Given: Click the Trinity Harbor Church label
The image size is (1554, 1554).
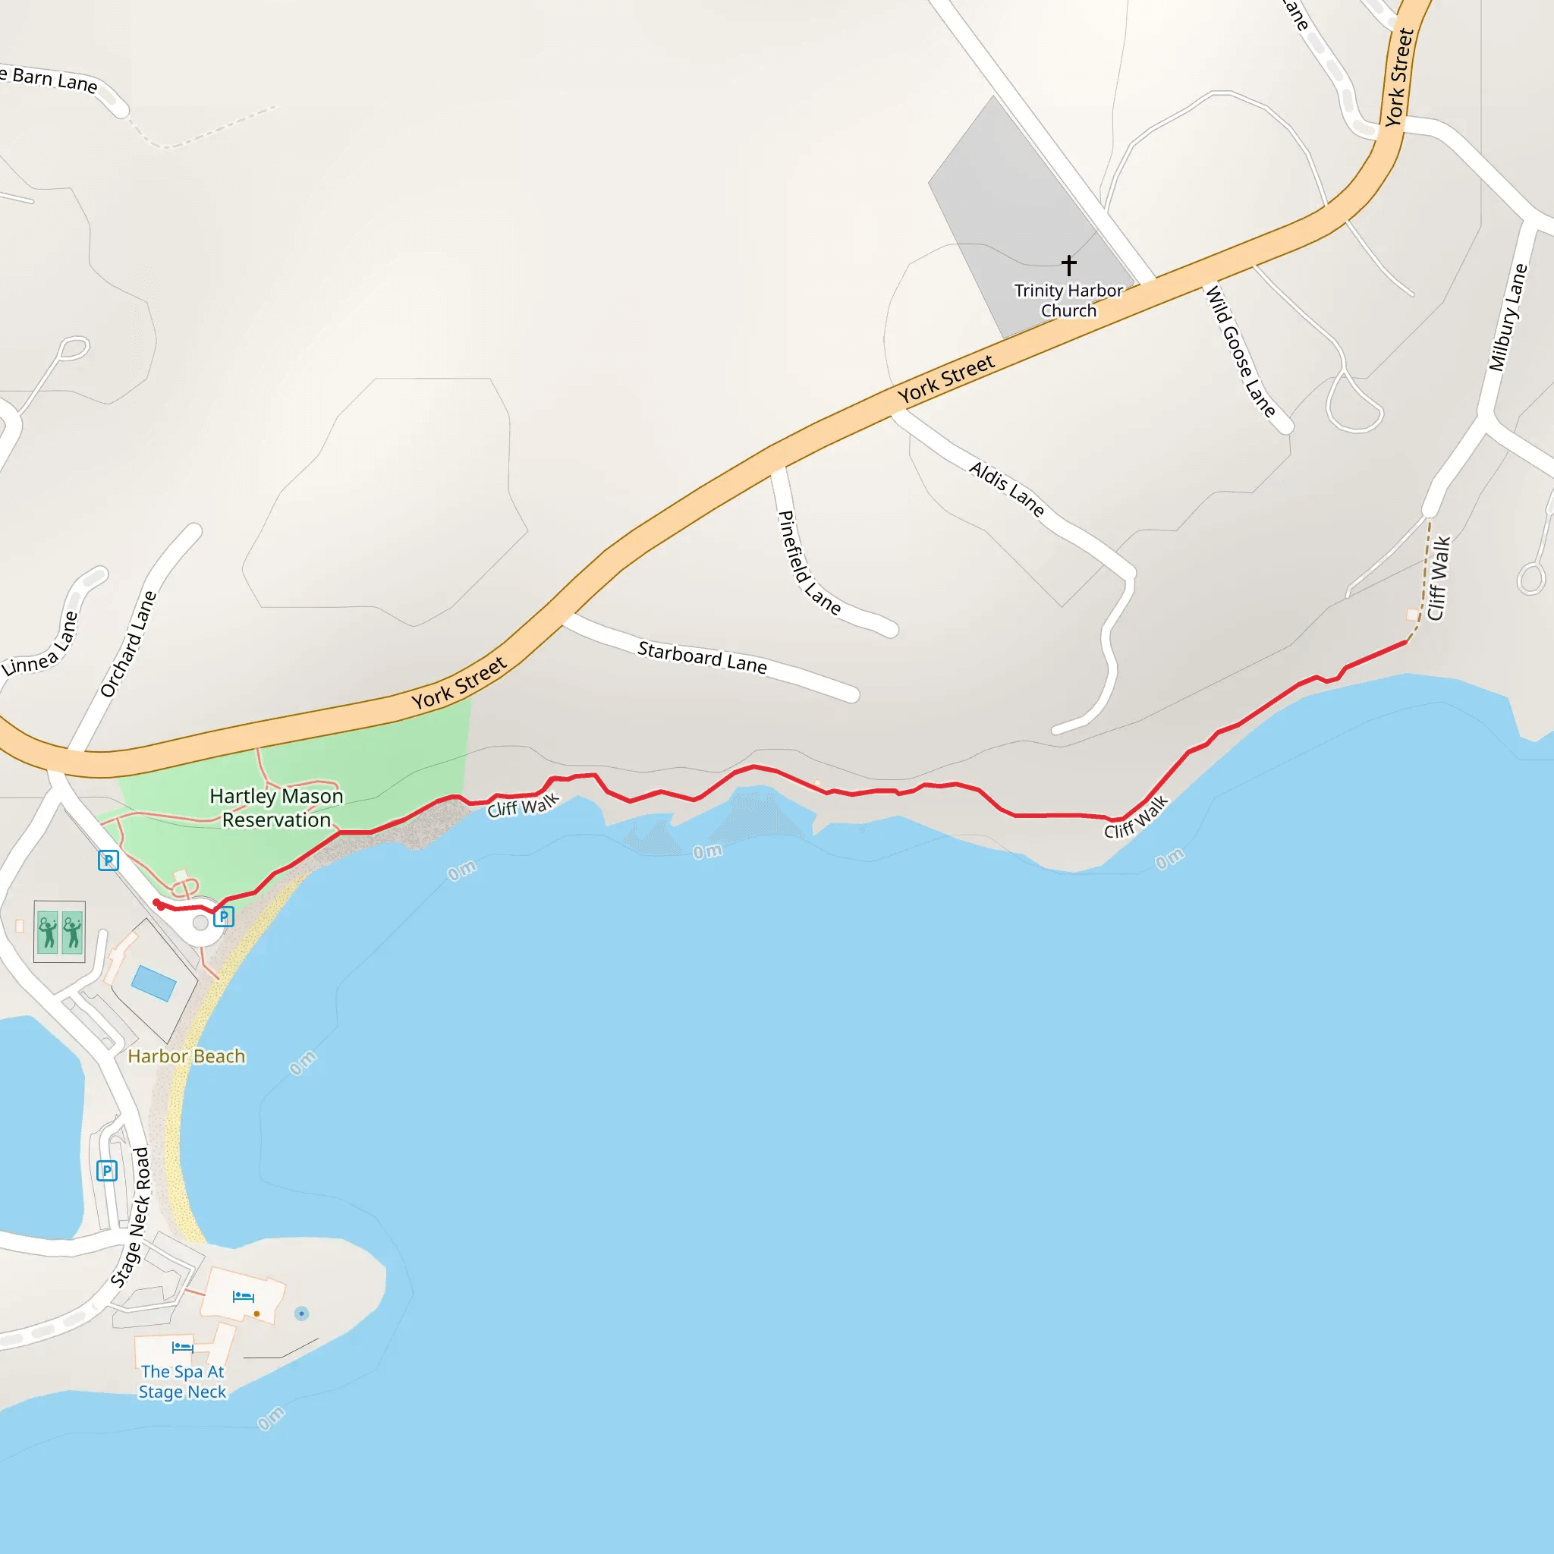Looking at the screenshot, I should click(1068, 300).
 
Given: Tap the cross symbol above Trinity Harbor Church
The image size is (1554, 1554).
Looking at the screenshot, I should click(1068, 265).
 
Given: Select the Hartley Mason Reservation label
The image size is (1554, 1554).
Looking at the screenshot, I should click(276, 807).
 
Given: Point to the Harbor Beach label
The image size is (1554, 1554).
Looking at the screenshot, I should click(186, 1056).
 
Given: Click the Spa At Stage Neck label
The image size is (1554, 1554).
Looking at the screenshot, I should click(183, 1381).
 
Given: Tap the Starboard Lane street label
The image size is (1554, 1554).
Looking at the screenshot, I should click(702, 658).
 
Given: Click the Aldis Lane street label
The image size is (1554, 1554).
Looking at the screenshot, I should click(1006, 489).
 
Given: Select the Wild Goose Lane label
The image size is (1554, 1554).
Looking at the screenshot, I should click(1240, 351).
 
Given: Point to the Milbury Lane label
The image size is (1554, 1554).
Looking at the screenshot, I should click(1508, 318).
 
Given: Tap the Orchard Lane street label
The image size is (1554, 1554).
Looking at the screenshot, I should click(129, 643).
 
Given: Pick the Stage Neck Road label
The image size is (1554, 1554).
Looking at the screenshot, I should click(131, 1218).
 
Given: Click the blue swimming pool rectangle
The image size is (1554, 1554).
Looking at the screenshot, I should click(153, 983).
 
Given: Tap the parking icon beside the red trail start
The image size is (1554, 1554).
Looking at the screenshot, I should click(224, 916).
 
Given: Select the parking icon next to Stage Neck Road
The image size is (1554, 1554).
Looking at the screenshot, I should click(107, 1170).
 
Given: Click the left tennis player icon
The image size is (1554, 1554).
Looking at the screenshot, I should click(49, 933).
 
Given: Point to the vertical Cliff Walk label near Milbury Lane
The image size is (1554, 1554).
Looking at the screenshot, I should click(1439, 578).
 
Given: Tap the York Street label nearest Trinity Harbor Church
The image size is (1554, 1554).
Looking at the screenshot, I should click(946, 379).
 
